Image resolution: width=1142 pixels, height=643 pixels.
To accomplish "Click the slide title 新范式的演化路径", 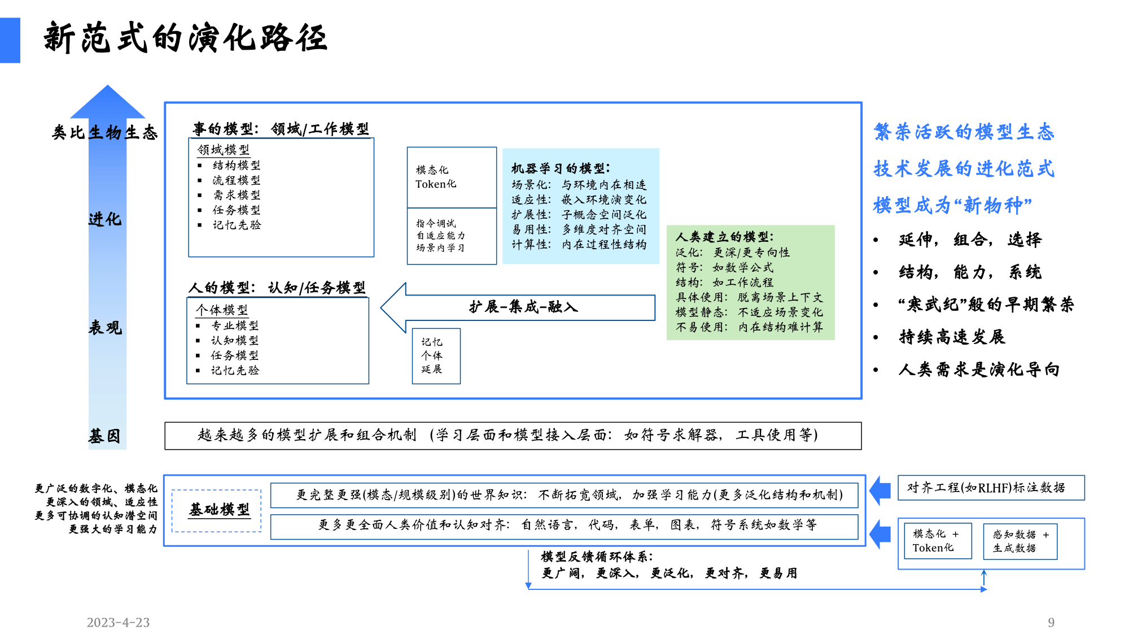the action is pyautogui.click(x=185, y=38).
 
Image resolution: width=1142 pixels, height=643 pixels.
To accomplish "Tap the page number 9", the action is pyautogui.click(x=1051, y=622).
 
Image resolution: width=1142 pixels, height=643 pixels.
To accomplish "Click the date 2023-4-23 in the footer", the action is pyautogui.click(x=118, y=622).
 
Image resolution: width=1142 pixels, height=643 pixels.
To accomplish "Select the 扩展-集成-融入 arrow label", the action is pyautogui.click(x=523, y=307).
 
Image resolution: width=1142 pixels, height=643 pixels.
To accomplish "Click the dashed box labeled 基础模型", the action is pyautogui.click(x=217, y=511).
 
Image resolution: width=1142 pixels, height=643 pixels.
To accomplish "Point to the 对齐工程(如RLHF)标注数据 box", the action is pyautogui.click(x=991, y=488).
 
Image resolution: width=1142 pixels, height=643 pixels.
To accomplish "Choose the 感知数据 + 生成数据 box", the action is pyautogui.click(x=1020, y=541).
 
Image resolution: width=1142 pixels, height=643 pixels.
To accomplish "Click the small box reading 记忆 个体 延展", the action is pyautogui.click(x=436, y=356).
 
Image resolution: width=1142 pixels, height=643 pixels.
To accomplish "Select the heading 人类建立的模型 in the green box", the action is pyautogui.click(x=725, y=237).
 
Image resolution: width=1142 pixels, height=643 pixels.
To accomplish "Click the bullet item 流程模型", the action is pyautogui.click(x=237, y=180).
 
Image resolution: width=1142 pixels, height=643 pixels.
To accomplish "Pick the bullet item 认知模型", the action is pyautogui.click(x=235, y=340).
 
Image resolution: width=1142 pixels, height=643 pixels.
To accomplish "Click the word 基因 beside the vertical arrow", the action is pyautogui.click(x=104, y=436).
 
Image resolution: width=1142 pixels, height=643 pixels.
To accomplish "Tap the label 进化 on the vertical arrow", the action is pyautogui.click(x=104, y=219).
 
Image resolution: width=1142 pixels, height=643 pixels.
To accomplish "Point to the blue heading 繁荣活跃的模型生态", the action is pyautogui.click(x=964, y=132).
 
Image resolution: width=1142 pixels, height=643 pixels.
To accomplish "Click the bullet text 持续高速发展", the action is pyautogui.click(x=952, y=337).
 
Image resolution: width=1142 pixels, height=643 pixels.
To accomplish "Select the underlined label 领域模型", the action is pyautogui.click(x=224, y=150).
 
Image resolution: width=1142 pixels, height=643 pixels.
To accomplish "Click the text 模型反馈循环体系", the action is pyautogui.click(x=597, y=557).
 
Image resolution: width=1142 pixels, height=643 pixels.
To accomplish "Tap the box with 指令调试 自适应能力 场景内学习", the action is pyautogui.click(x=452, y=236).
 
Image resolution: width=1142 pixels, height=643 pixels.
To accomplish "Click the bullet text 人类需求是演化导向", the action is pyautogui.click(x=979, y=370).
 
